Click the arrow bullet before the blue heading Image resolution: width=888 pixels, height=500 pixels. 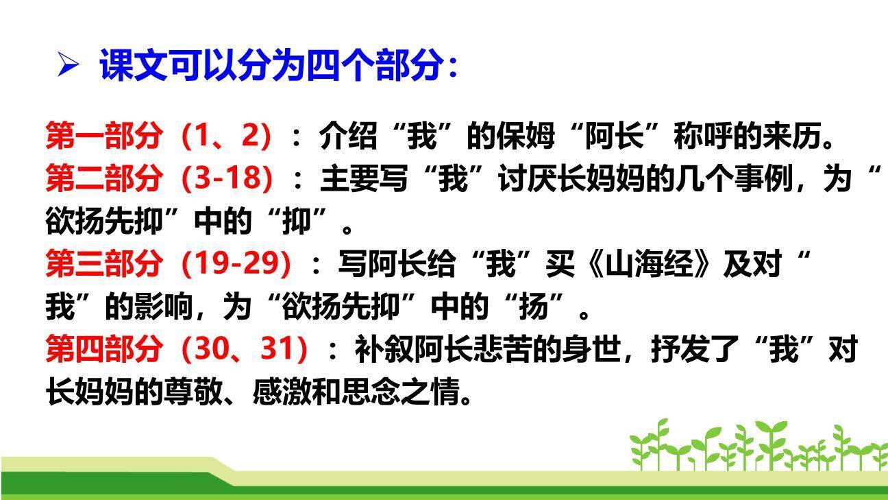[69, 67]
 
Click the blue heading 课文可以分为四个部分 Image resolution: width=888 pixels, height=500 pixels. [277, 67]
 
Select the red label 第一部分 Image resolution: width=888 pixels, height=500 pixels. [104, 136]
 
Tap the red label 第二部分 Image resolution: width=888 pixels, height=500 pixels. [104, 178]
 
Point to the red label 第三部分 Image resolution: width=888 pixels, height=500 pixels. [104, 263]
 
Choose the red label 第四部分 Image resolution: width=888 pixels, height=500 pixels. [104, 349]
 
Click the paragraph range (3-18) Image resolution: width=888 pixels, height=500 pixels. [227, 178]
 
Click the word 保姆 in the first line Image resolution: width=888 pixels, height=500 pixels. [525, 136]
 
